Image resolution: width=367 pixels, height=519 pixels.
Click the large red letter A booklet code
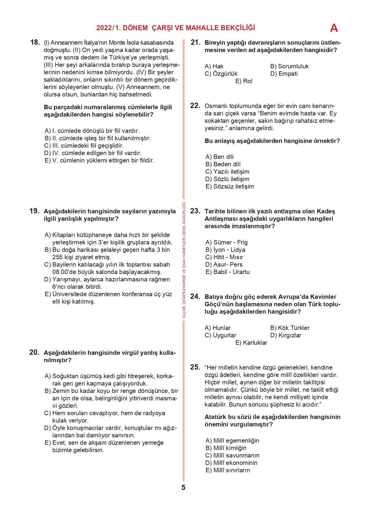click(x=334, y=28)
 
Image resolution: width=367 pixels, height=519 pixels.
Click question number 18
click(x=35, y=42)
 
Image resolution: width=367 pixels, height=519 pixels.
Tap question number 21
click(x=195, y=42)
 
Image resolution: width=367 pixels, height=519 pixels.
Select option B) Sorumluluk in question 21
click(x=289, y=66)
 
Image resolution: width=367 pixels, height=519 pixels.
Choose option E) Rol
click(x=244, y=81)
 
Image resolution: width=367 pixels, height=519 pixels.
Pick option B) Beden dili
click(x=223, y=164)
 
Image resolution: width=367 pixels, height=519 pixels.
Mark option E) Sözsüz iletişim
click(x=229, y=186)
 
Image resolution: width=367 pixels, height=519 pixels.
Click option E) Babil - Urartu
click(x=227, y=272)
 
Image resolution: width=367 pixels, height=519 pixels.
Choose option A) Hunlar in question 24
click(x=217, y=328)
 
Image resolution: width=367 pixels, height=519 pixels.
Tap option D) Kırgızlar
click(x=286, y=335)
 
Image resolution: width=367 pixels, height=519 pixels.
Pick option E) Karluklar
click(x=251, y=343)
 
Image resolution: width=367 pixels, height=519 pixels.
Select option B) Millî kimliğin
click(x=226, y=448)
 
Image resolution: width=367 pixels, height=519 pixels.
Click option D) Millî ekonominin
click(x=231, y=463)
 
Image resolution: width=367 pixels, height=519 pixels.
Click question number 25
click(x=195, y=367)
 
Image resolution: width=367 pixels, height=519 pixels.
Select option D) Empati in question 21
click(x=284, y=74)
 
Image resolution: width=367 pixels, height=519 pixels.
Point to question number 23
click(x=195, y=211)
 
